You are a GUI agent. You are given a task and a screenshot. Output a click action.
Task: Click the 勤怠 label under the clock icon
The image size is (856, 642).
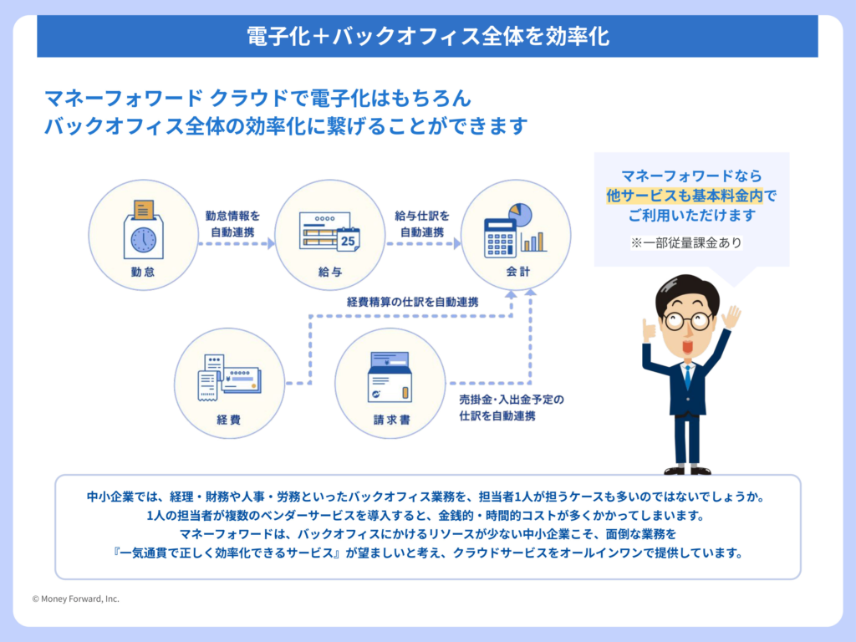pyautogui.click(x=142, y=273)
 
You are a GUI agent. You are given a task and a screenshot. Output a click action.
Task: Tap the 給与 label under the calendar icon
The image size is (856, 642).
pyautogui.click(x=329, y=273)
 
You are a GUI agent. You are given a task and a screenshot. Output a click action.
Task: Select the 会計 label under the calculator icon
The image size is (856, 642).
pyautogui.click(x=517, y=273)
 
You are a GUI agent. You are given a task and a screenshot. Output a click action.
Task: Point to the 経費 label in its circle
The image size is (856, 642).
pyautogui.click(x=227, y=420)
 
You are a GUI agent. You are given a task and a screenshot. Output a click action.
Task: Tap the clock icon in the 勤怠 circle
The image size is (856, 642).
pyautogui.click(x=143, y=239)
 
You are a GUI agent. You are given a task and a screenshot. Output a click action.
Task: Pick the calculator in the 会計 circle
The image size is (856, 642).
pyautogui.click(x=500, y=237)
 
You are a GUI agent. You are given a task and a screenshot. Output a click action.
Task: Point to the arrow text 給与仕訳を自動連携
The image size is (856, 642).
pyautogui.click(x=422, y=223)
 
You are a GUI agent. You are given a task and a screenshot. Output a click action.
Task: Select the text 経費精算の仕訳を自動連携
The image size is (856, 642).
pyautogui.click(x=412, y=301)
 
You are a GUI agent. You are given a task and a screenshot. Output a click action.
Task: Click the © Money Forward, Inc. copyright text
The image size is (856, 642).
pyautogui.click(x=75, y=599)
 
